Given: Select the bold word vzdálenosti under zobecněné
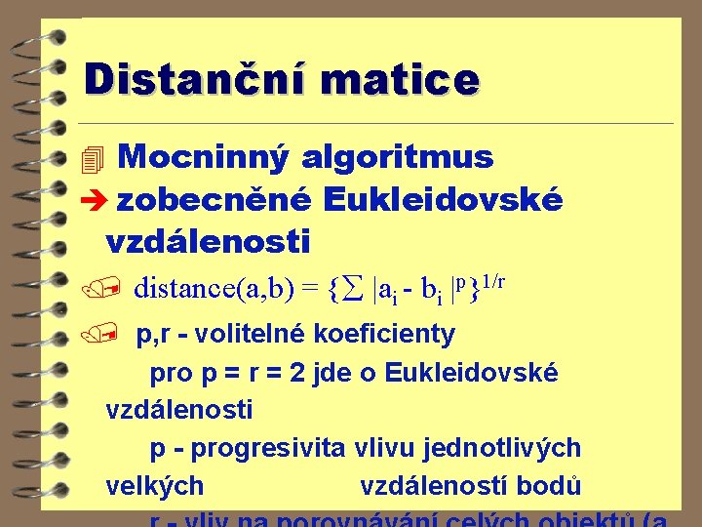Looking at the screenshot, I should pyautogui.click(x=208, y=240).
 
